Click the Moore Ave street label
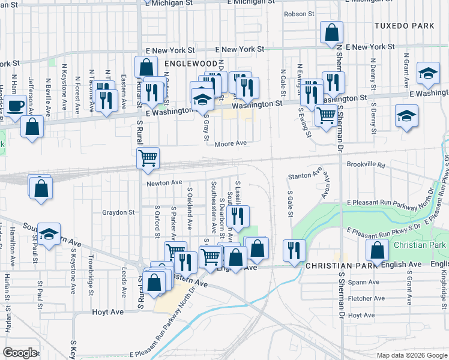pos(231,143)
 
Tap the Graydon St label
pos(118,212)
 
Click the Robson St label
pos(299,13)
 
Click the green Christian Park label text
pos(420,245)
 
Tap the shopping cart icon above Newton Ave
pos(148,158)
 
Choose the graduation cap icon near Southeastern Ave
pos(50,234)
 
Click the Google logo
pos(20,353)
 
